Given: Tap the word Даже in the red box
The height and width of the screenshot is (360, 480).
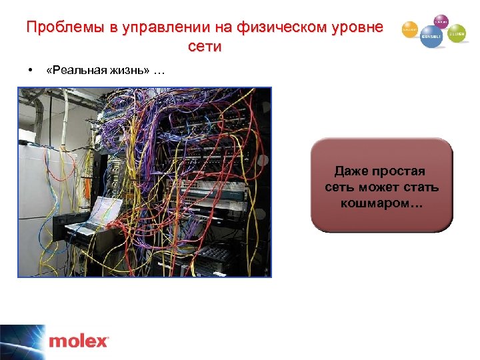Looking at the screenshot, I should pyautogui.click(x=349, y=171).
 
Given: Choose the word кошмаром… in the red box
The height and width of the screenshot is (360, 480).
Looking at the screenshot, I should pyautogui.click(x=381, y=202).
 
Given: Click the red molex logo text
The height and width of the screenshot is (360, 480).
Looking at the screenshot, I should pyautogui.click(x=78, y=341).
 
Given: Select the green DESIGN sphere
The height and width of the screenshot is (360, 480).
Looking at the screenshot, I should pyautogui.click(x=457, y=33).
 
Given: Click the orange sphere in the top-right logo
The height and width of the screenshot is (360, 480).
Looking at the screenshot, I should pyautogui.click(x=409, y=30).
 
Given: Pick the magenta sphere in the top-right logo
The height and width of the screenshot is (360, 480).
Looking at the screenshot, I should pyautogui.click(x=441, y=21).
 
